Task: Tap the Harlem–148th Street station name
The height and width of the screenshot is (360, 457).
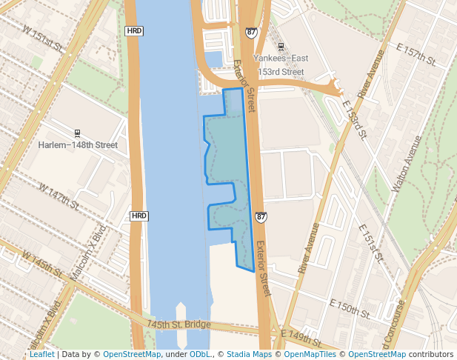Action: point(78,145)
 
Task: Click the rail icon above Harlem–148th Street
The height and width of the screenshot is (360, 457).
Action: point(78,134)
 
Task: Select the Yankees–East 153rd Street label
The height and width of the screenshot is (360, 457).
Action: point(279,64)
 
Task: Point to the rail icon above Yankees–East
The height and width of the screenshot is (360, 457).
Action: point(280,47)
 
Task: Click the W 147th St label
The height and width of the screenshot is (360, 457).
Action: point(59,196)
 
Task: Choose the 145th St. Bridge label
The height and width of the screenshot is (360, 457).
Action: point(179,324)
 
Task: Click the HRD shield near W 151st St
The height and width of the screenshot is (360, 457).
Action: point(134,31)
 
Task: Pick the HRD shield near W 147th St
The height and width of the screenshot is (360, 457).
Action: point(139,216)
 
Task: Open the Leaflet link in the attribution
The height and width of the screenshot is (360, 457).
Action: point(41,354)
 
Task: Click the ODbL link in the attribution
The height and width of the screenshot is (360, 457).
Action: point(200,354)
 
